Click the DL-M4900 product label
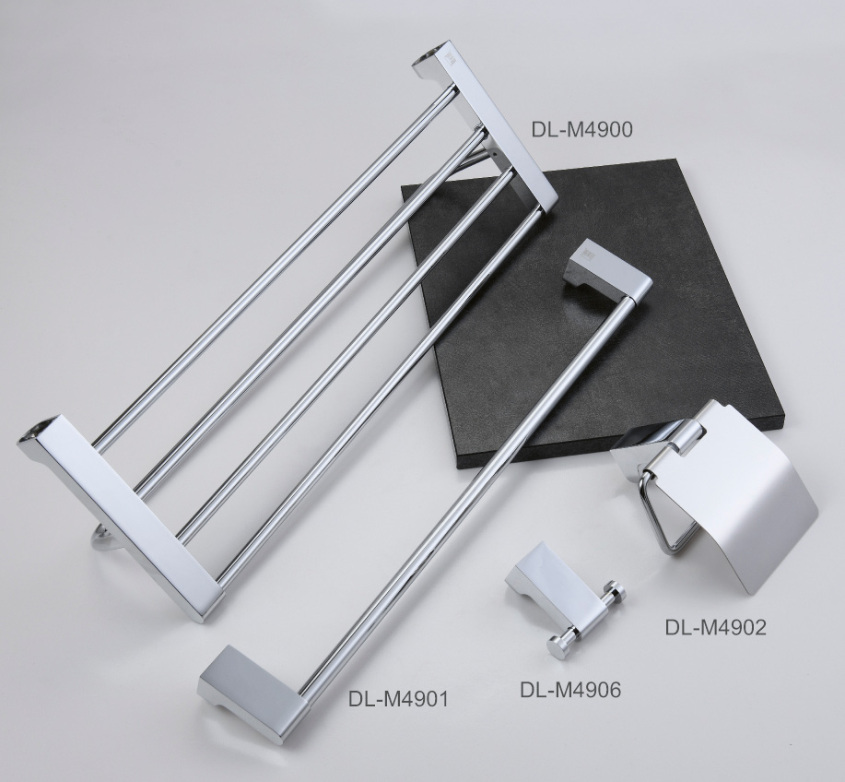[x=581, y=129]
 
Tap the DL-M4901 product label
[x=398, y=699]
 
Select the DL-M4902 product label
[x=715, y=627]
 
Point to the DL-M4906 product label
[x=570, y=689]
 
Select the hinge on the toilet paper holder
[x=689, y=438]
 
